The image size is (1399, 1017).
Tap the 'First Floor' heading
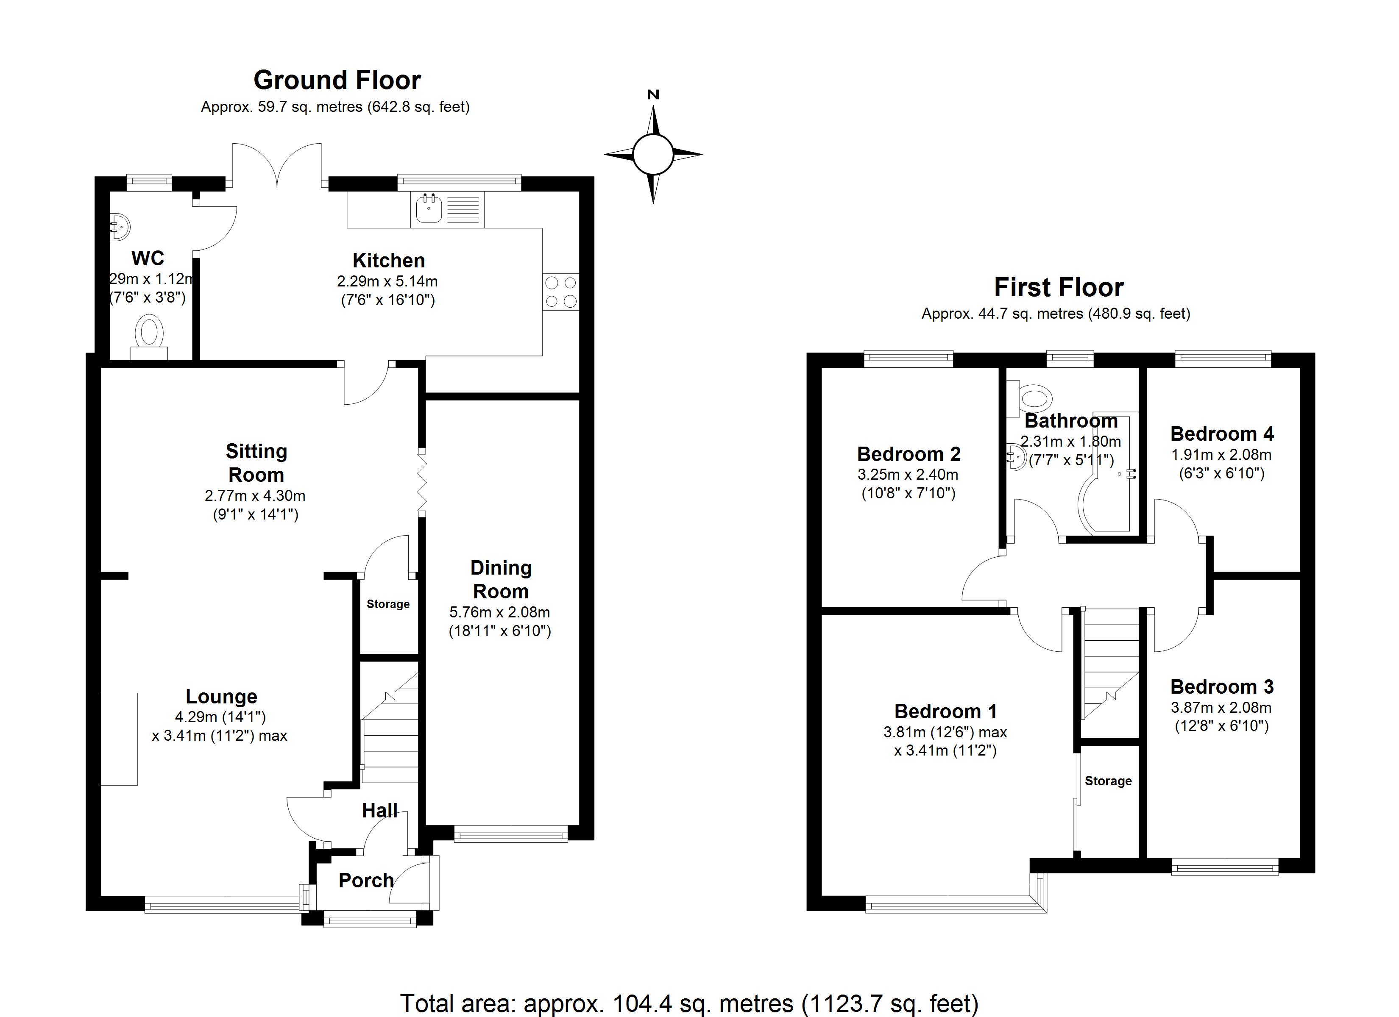(x=1059, y=287)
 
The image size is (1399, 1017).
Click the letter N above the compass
(x=653, y=94)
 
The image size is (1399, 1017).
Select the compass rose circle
(x=653, y=154)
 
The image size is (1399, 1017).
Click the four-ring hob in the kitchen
(x=561, y=292)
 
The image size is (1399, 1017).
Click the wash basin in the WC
(x=120, y=227)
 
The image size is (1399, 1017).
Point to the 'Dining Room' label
(x=501, y=580)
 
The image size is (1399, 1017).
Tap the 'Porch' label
(x=366, y=880)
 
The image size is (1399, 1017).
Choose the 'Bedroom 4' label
(x=1221, y=434)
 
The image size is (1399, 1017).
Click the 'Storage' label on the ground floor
(x=388, y=604)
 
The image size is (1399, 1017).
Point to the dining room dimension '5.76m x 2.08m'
(x=500, y=612)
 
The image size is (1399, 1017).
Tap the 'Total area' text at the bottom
(x=689, y=1003)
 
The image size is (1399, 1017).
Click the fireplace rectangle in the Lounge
(x=119, y=739)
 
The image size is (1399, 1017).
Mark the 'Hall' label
(x=379, y=810)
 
